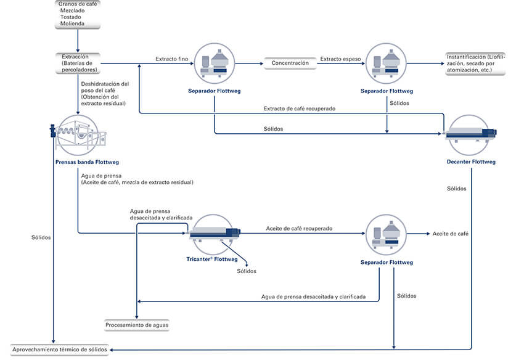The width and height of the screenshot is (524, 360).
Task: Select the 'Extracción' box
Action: [x=77, y=63]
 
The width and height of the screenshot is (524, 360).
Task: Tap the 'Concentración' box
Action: [x=290, y=63]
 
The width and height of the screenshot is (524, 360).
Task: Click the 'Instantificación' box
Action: [x=475, y=63]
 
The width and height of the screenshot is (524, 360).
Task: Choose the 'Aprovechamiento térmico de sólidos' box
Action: [x=59, y=350]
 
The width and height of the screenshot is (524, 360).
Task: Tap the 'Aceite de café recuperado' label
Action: [x=299, y=228]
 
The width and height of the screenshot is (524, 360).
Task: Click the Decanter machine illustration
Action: [x=472, y=131]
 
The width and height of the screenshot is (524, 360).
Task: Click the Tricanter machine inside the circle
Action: [x=214, y=233]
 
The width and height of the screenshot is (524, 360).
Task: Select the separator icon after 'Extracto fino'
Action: [x=214, y=63]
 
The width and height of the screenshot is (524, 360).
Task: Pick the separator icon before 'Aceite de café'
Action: [x=386, y=233]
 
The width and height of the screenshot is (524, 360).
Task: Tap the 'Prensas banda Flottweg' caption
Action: [x=78, y=164]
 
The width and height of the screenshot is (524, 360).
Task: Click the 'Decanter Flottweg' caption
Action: [x=471, y=162]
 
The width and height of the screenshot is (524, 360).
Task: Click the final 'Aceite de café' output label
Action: [x=451, y=234]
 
